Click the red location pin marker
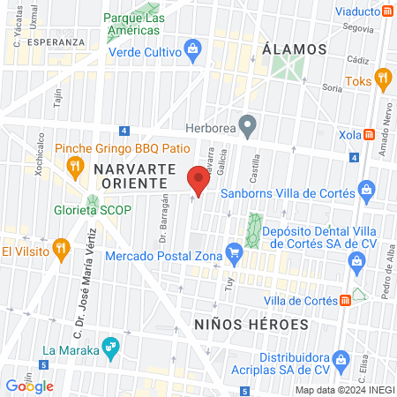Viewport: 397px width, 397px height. pyautogui.click(x=199, y=184)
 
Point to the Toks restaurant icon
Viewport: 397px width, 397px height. pyautogui.click(x=383, y=78)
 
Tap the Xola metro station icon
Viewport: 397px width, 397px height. pyautogui.click(x=371, y=135)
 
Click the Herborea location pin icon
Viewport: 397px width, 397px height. pyautogui.click(x=249, y=126)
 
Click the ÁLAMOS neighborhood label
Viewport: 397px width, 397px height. pyautogui.click(x=295, y=48)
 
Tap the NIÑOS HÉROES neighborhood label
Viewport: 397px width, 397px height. pyautogui.click(x=251, y=324)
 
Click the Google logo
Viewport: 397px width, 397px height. pyautogui.click(x=30, y=386)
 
